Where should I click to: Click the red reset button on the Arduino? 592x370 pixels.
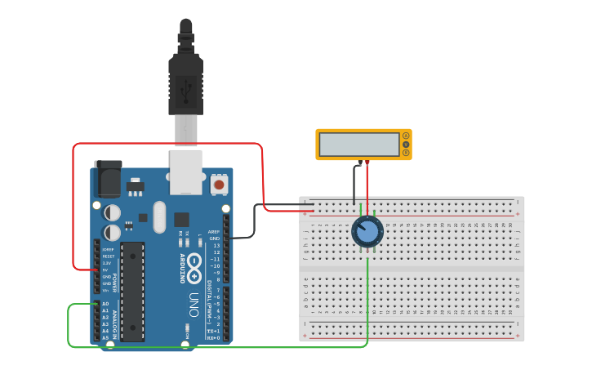pos(219,185)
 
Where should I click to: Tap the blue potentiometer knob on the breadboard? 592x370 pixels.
pos(367,232)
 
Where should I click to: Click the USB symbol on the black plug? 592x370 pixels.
pos(185,87)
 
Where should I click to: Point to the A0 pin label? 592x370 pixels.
pos(105,304)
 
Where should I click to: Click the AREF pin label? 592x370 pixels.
pos(214,231)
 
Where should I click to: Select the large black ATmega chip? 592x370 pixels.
pos(132,292)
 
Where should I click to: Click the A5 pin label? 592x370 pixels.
pos(105,337)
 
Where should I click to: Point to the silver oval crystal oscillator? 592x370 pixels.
pos(159,217)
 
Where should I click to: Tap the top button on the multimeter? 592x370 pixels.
pos(405,136)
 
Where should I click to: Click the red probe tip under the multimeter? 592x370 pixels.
pos(367,163)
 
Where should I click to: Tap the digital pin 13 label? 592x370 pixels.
pos(216,245)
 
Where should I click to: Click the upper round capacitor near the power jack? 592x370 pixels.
pos(113,212)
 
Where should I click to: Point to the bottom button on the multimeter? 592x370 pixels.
pos(405,153)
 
